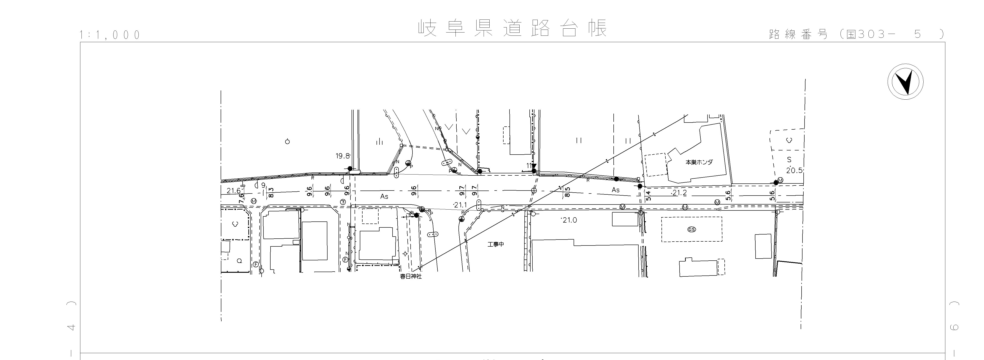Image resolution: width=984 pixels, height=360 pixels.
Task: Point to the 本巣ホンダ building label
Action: click(x=699, y=162)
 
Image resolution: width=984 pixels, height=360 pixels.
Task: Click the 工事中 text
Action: click(x=496, y=244)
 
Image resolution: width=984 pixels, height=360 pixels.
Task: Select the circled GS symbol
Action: click(x=691, y=229)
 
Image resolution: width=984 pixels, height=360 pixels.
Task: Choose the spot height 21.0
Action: click(x=569, y=220)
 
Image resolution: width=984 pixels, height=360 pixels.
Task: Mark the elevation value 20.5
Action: click(x=794, y=170)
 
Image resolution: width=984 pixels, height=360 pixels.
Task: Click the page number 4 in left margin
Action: click(x=71, y=327)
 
